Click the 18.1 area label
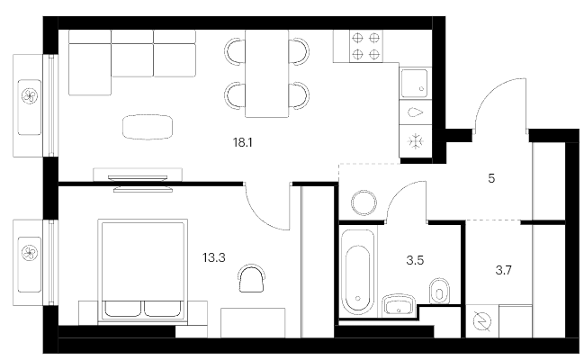pos(243,142)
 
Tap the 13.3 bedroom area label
pos(214,257)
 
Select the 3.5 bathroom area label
pos(415,260)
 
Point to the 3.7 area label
pos(503,270)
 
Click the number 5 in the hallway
pos(491,178)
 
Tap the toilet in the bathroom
pos(439,291)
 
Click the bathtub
pos(358,272)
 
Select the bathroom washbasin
pos(399,305)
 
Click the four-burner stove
pos(365,46)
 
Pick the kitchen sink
pos(414,83)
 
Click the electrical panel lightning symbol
pos(482,321)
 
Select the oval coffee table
pos(148,127)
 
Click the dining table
pos(266,74)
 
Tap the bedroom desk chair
pos(251,278)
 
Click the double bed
pos(143,270)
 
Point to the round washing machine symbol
pos(364,202)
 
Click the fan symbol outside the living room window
pos(30,96)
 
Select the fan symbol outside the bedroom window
pos(30,253)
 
